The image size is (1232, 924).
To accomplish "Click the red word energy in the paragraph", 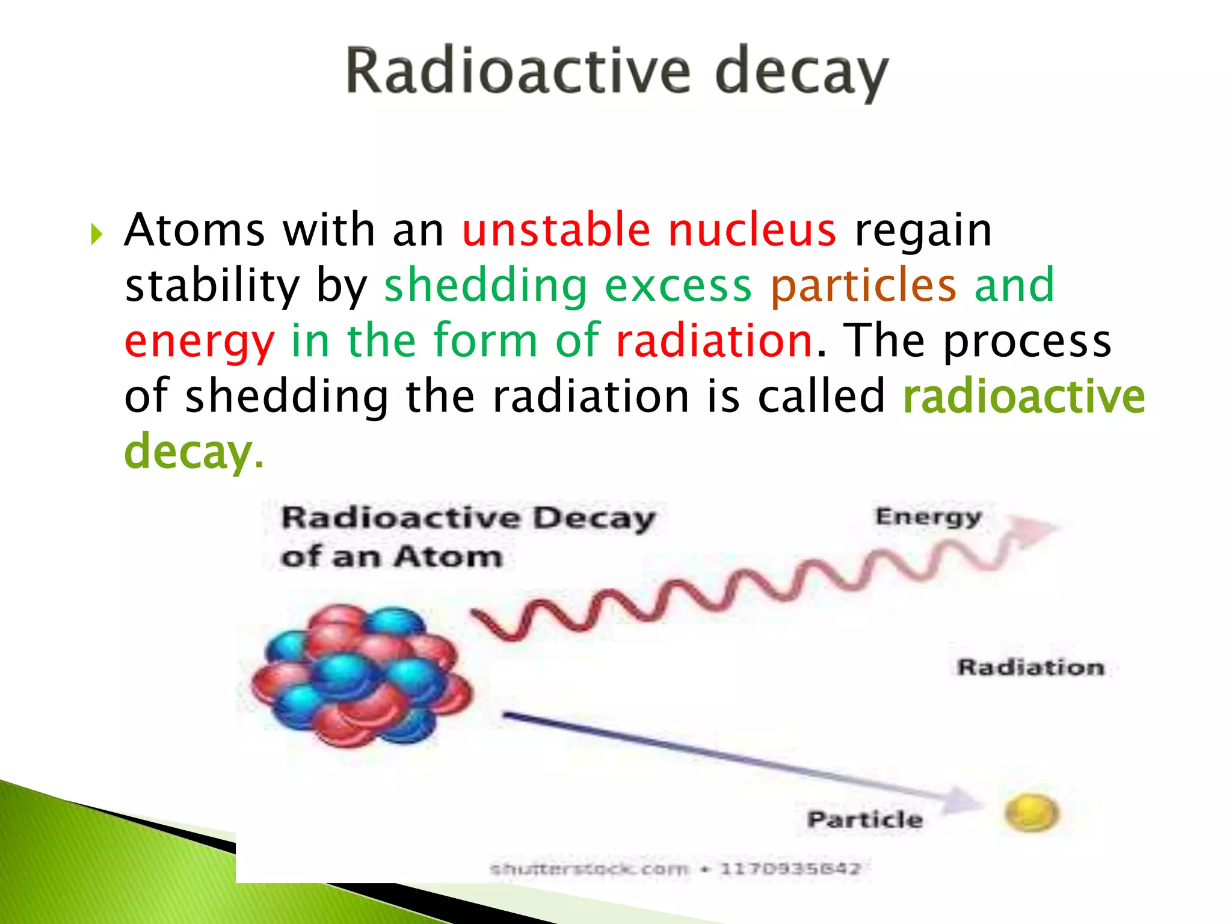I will [199, 342].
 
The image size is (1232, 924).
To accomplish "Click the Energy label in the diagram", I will [928, 517].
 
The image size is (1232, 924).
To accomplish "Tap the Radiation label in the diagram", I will [1030, 667].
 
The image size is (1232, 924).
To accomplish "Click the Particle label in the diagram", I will [864, 819].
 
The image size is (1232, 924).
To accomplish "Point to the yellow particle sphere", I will [1030, 813].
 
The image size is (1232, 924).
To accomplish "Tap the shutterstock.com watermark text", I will [588, 869].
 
